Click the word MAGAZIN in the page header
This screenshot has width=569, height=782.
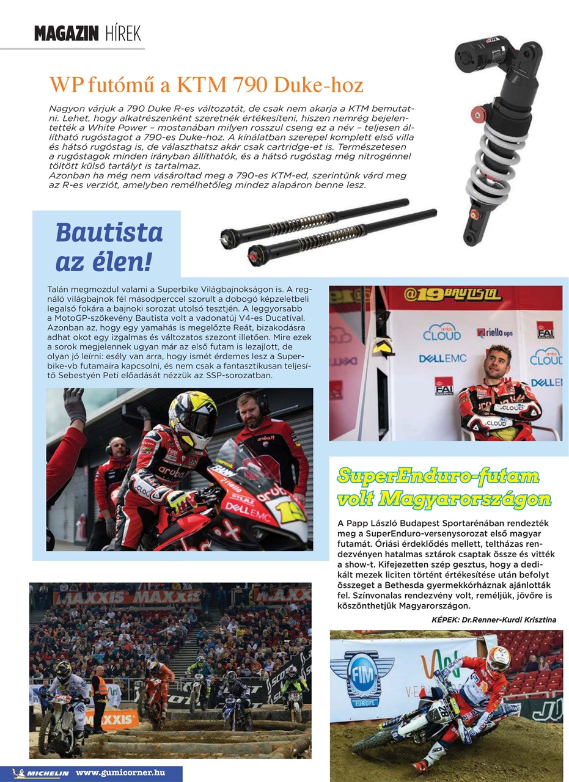pos(66,33)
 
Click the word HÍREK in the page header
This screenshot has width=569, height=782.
pos(123,33)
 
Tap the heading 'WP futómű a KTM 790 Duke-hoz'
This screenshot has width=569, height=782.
pos(206,83)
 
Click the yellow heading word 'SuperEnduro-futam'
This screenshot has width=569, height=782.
pos(438,476)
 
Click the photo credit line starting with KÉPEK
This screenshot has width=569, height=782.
pos(494,619)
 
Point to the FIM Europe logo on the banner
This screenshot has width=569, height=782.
pos(361,679)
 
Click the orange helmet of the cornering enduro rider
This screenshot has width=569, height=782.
pos(498,659)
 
